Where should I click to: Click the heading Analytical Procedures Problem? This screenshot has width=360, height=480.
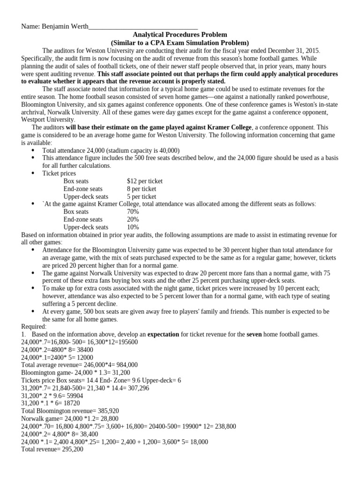click(180, 35)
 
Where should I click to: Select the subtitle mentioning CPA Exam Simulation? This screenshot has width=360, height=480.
click(180, 43)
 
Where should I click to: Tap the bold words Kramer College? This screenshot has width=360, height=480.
click(232, 127)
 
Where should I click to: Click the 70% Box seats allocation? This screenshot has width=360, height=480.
click(133, 212)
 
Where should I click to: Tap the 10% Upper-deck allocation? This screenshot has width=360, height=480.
click(133, 227)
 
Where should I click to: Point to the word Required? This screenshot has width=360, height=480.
click(34, 326)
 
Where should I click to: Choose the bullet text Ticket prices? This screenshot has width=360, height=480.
click(59, 173)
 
